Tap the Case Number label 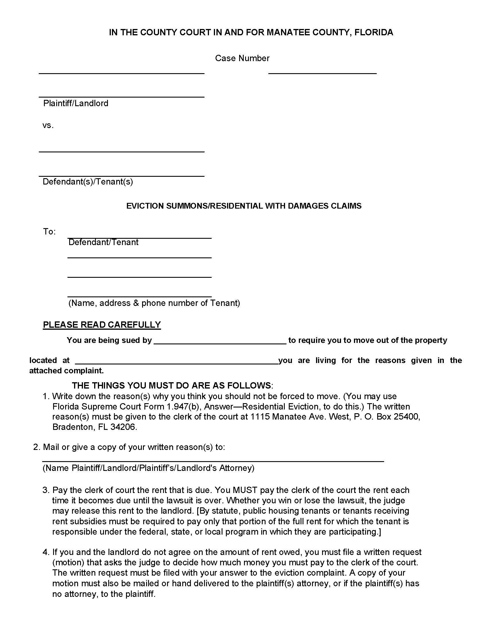(x=242, y=58)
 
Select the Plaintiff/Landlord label (x=75, y=103)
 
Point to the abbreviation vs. (x=48, y=125)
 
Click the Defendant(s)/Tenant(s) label (x=88, y=182)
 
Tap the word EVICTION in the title (x=145, y=206)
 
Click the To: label (x=49, y=232)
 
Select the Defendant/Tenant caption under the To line (x=103, y=242)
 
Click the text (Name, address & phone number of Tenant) (x=154, y=303)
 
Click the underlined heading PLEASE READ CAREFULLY (x=102, y=325)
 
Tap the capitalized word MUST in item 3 (x=245, y=490)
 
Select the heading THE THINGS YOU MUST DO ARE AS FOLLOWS (x=171, y=385)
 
